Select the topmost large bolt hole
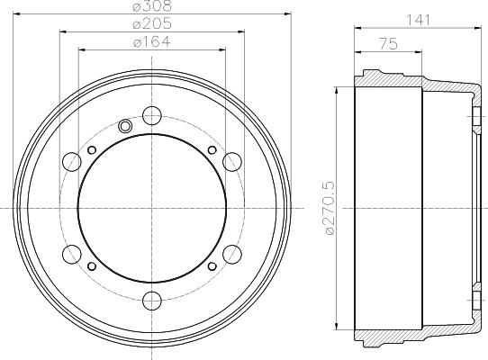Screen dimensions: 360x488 coord(152,115)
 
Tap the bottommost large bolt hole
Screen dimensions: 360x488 coord(152,298)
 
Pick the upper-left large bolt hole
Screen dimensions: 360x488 coord(73,161)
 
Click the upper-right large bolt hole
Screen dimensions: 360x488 coord(232,161)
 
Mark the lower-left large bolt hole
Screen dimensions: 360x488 coord(73,252)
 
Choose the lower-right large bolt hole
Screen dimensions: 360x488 coord(232,252)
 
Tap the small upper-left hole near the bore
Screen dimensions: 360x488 coord(94,149)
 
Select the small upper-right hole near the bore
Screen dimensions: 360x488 coord(212,149)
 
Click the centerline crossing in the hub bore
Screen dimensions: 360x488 coord(152,206)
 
